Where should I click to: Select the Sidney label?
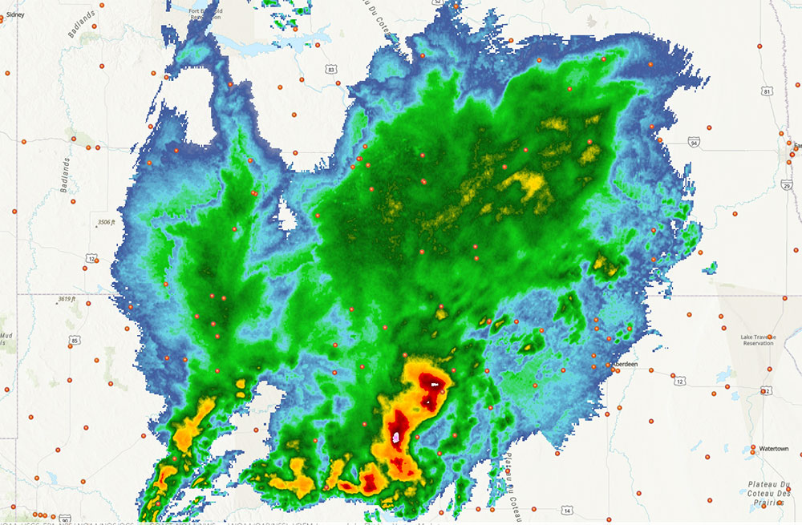tap(15, 14)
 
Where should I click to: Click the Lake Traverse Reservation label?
tap(757, 340)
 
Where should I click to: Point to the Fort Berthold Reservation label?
tap(206, 14)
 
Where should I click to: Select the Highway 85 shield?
tap(74, 341)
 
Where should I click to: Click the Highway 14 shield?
tap(567, 511)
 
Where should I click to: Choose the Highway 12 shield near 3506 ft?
tap(92, 258)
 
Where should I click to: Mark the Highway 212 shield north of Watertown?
tap(765, 391)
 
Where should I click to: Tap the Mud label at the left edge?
tap(6, 336)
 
